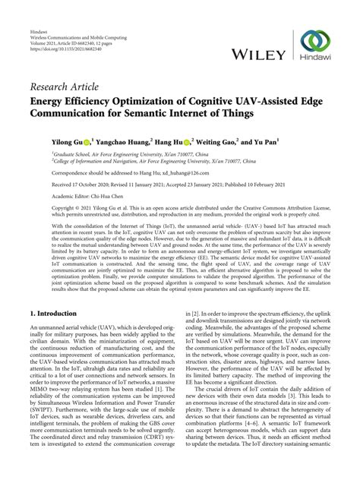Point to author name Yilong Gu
pyautogui.click(x=68, y=141)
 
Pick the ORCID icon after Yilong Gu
pyautogui.click(x=87, y=141)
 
